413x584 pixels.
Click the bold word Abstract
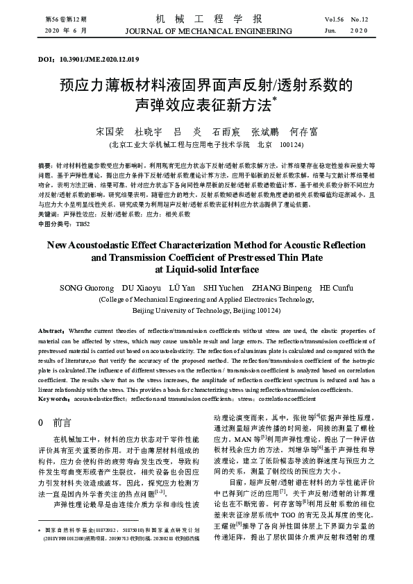pos(51,332)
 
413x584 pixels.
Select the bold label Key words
pos(54,399)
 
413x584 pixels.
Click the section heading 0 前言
pos(54,421)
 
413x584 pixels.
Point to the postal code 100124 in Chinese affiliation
pos(291,144)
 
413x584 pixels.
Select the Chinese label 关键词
pos(47,215)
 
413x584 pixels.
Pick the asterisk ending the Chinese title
pos(274,100)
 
